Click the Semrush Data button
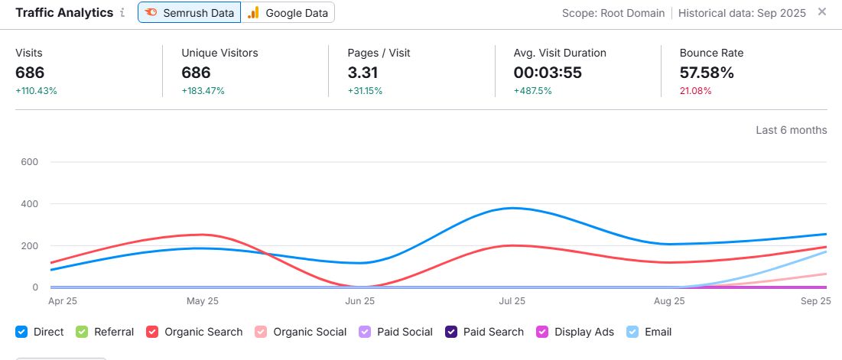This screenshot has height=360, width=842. tap(190, 13)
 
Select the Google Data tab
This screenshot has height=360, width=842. tap(288, 13)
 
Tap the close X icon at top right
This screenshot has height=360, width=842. tap(822, 11)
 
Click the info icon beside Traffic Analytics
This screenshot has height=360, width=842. tap(122, 13)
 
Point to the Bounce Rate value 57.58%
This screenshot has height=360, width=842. tap(707, 73)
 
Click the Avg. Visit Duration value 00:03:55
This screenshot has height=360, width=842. tap(546, 73)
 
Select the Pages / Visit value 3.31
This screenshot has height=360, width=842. tap(362, 73)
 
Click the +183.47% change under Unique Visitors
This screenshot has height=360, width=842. tap(202, 91)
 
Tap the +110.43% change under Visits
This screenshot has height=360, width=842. tap(36, 91)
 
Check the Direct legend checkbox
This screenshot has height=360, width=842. tap(21, 332)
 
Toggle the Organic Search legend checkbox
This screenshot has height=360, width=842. tap(152, 332)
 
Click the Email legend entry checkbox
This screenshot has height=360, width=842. tap(632, 332)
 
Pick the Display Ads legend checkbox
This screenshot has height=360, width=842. tap(542, 332)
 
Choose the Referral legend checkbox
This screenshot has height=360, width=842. tap(81, 332)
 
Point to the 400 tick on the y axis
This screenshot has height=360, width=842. tap(29, 204)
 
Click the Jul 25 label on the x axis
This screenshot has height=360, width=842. tap(512, 301)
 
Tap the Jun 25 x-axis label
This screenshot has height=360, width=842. tap(359, 301)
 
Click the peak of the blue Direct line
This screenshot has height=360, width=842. tap(511, 208)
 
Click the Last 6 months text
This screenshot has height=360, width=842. tap(791, 130)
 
